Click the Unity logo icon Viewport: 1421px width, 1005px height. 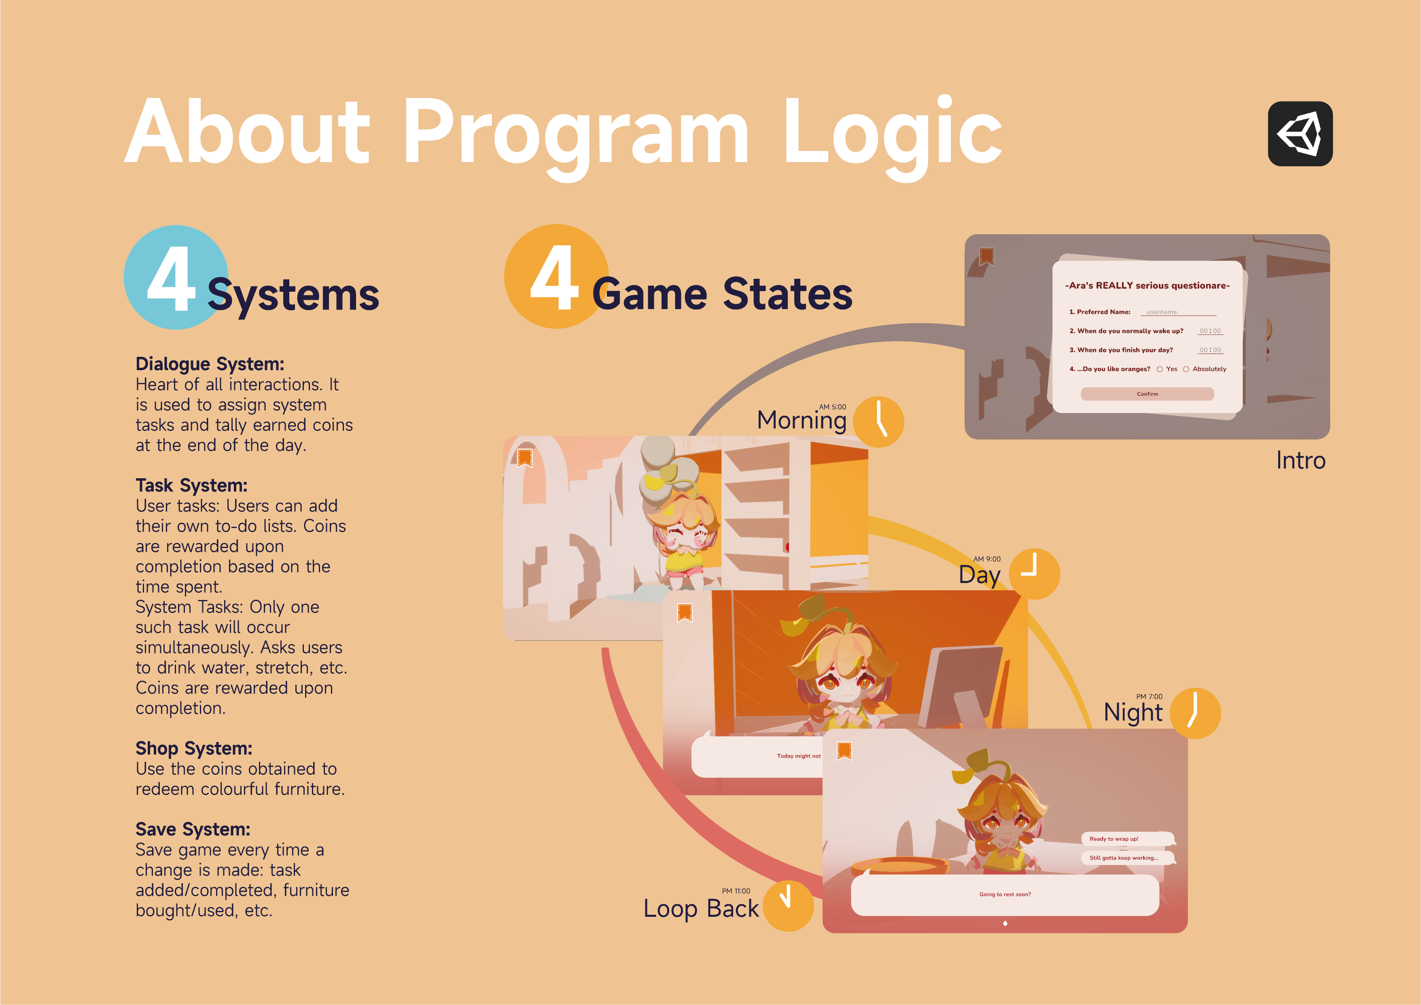1300,134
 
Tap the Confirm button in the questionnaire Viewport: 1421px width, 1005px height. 1147,394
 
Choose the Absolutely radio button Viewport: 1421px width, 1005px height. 1186,369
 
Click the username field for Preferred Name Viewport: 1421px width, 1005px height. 1178,312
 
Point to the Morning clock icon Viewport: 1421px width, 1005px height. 878,422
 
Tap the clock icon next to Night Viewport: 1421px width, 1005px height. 1195,713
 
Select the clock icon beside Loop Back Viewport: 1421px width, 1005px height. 788,905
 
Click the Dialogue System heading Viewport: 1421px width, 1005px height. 210,364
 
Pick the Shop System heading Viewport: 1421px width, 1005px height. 194,748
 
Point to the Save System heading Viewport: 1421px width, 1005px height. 193,829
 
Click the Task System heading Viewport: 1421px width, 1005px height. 191,485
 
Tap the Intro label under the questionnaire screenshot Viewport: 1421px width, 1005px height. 1300,460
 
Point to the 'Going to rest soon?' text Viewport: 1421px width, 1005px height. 1005,894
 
